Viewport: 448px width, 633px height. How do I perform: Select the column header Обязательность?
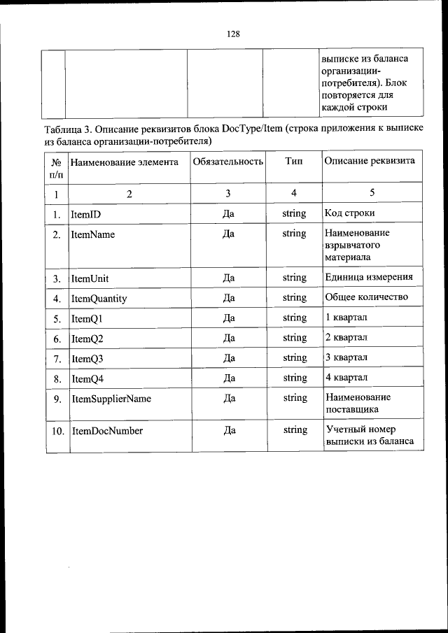pos(227,161)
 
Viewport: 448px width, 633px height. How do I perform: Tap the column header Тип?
pos(294,161)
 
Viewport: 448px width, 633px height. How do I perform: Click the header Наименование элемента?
pos(120,161)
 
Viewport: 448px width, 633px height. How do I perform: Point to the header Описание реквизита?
pos(370,161)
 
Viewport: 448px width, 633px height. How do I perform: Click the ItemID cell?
pos(86,213)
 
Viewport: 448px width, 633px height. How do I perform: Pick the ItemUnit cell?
pos(90,278)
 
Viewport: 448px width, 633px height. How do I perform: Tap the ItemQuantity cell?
pos(99,299)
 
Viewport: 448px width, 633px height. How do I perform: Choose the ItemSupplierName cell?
pos(111,399)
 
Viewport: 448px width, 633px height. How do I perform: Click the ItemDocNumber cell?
pos(107,431)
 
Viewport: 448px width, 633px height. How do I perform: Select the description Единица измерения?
pos(369,277)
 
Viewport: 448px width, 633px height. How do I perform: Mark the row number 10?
pos(57,431)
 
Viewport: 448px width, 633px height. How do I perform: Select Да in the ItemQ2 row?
pos(228,338)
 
